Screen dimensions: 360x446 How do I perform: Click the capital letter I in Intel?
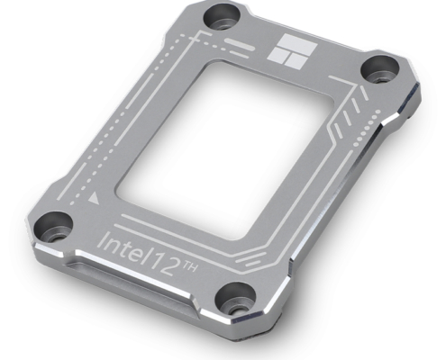[100, 239]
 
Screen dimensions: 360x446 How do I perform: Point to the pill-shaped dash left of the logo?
[243, 42]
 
